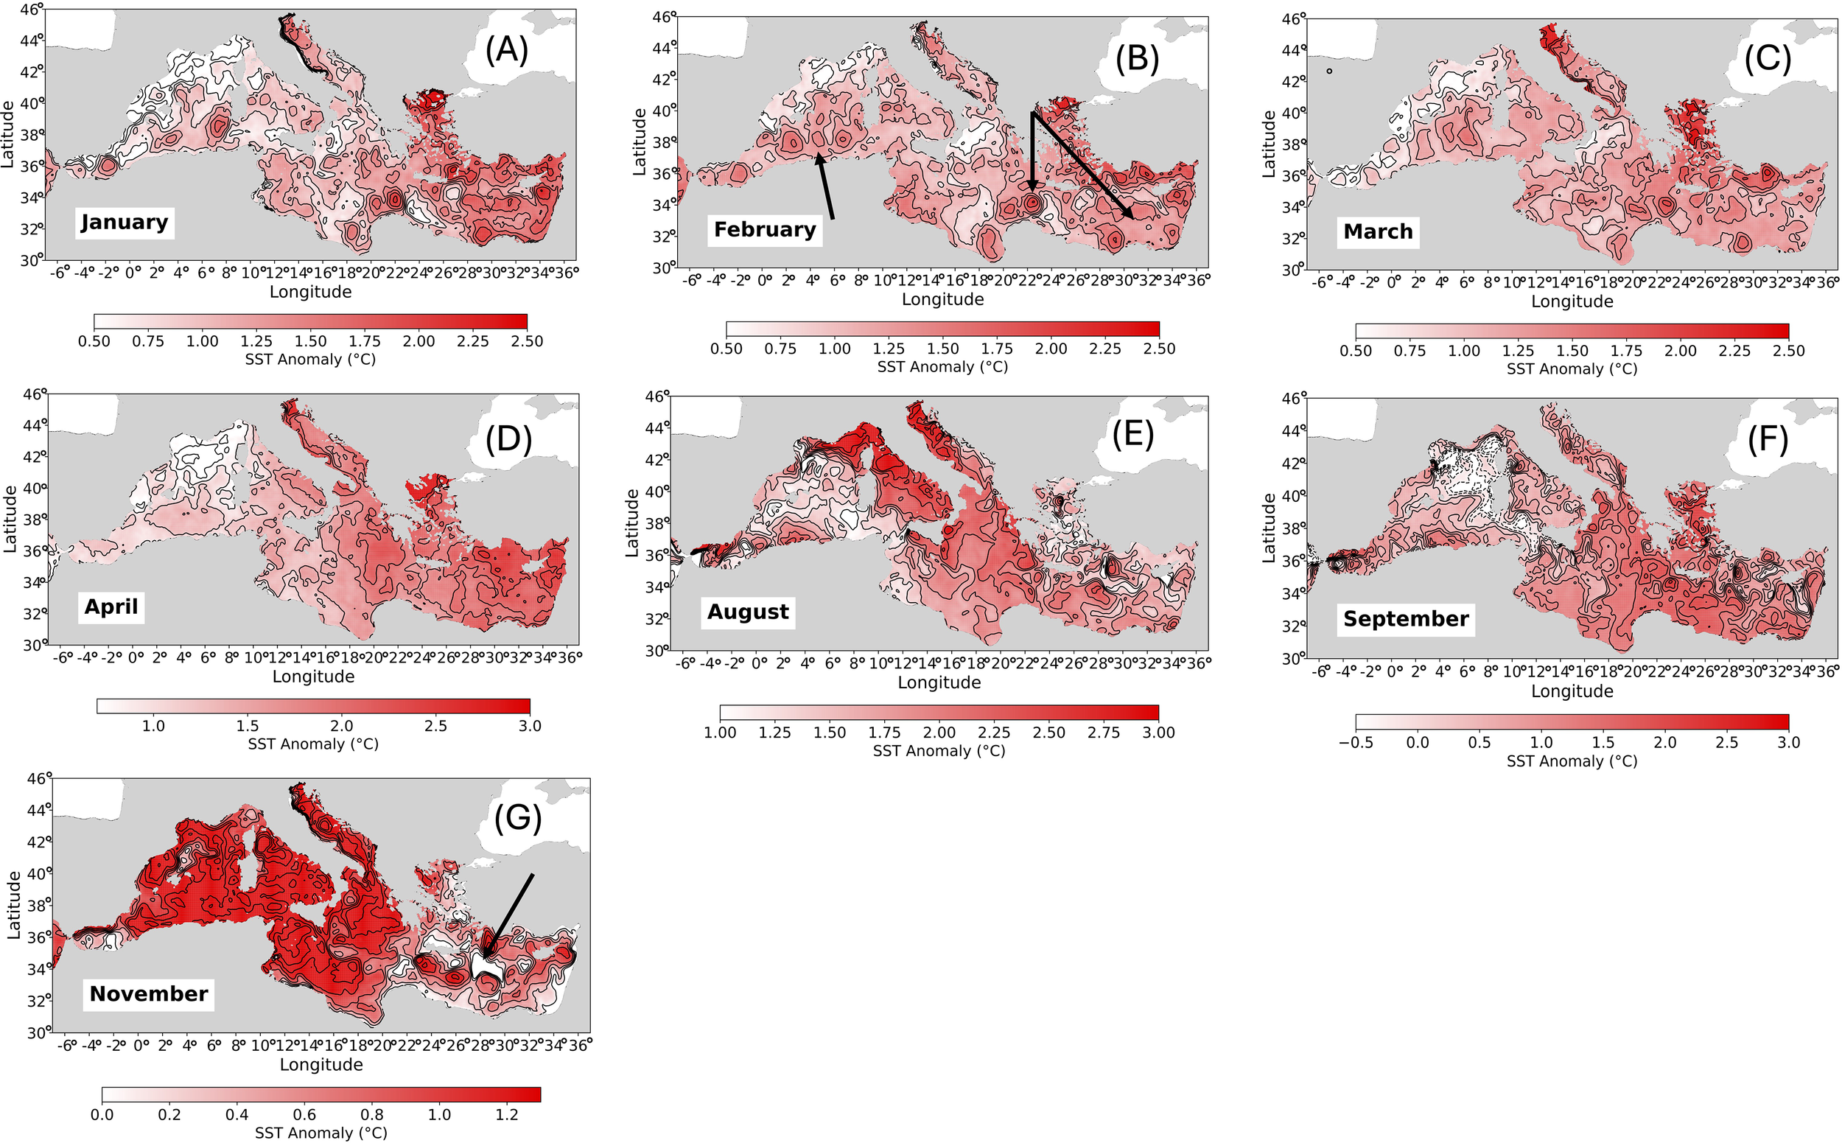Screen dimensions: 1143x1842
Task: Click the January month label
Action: tap(125, 223)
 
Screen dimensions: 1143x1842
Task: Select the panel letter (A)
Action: tap(505, 50)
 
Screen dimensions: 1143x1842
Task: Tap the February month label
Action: tap(764, 229)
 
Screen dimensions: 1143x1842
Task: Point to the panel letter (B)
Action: tap(1137, 58)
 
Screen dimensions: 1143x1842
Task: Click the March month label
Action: tap(1377, 231)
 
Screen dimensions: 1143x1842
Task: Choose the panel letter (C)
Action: tap(1767, 59)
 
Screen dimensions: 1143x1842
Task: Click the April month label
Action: tap(111, 607)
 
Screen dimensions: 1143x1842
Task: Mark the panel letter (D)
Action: tap(508, 439)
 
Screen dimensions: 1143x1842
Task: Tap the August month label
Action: tap(748, 612)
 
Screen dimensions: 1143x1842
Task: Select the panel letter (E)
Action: tap(1132, 435)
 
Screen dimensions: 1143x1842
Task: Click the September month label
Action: tap(1405, 618)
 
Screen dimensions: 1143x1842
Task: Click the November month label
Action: tap(148, 993)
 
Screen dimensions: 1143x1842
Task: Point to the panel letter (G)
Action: tap(518, 819)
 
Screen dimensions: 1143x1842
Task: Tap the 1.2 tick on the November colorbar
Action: tap(507, 1115)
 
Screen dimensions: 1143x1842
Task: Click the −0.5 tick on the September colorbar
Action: tap(1355, 742)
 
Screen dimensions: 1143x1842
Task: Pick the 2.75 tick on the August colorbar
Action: tap(1104, 733)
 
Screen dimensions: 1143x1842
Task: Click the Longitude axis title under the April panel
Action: tap(313, 677)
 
